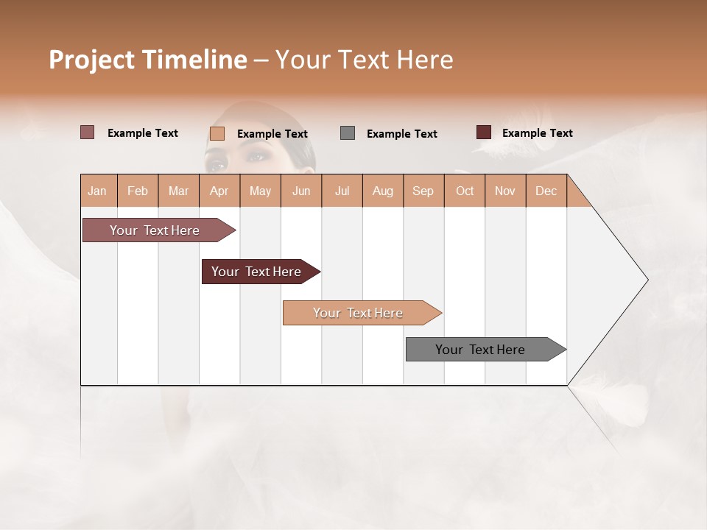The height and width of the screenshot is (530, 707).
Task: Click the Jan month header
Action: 98,191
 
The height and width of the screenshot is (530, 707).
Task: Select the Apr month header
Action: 219,191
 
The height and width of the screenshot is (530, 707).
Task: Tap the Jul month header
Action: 342,191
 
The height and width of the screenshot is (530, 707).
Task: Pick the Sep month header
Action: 423,191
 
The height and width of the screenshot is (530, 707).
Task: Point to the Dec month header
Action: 546,191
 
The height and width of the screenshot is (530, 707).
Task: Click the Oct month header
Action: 465,191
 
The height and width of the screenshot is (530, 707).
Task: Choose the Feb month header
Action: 138,191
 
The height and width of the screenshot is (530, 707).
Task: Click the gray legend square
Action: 348,133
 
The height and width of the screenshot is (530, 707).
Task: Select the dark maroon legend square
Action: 484,132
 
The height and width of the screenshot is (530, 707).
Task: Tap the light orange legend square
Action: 217,133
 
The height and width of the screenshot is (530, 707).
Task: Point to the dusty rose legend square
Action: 88,132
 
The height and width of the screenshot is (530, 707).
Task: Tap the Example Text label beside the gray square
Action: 401,134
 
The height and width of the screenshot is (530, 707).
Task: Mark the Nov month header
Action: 505,191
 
